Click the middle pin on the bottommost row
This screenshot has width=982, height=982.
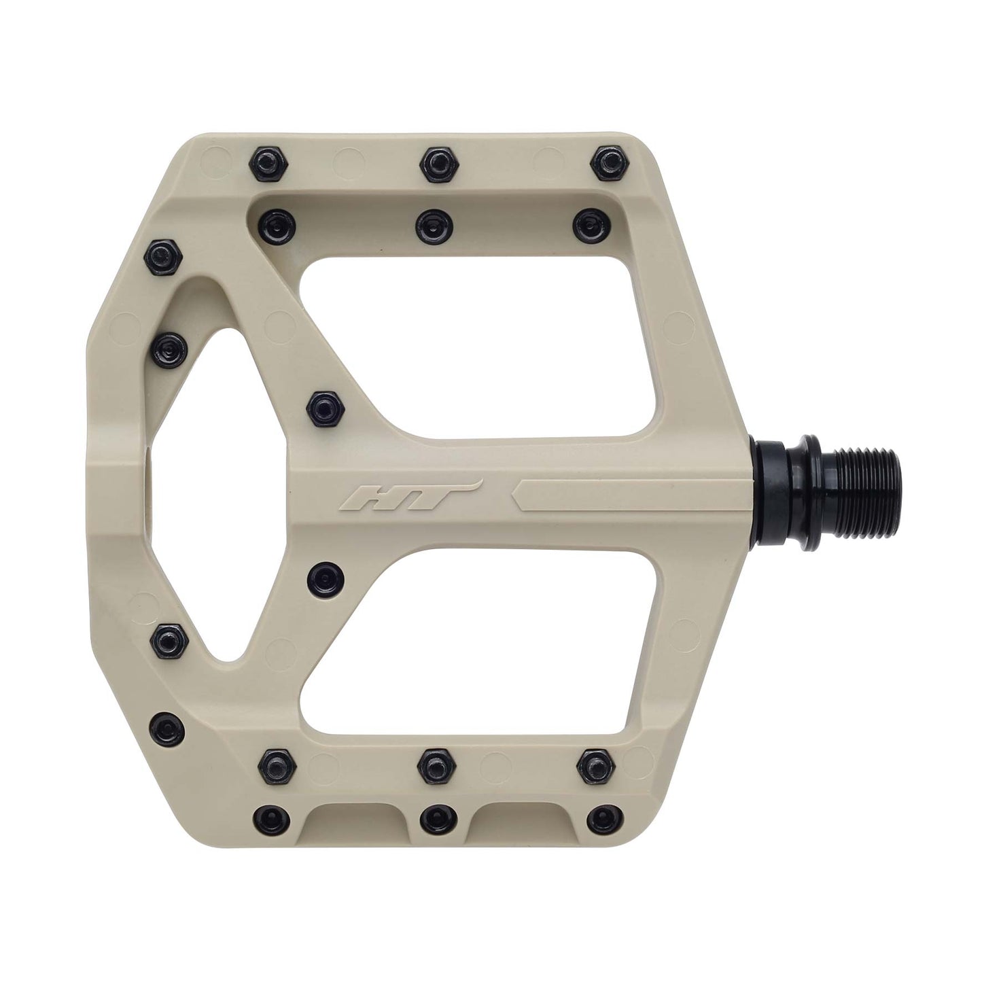coord(433,816)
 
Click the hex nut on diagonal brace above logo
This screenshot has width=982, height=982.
coord(322,407)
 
